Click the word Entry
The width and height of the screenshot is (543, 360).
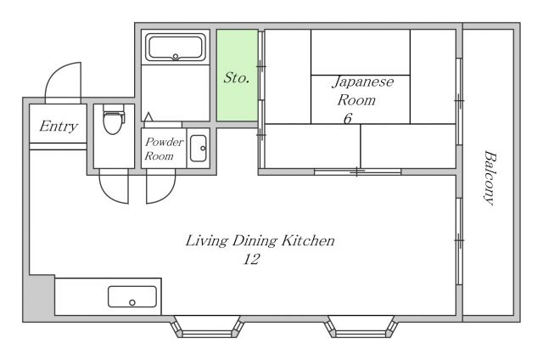pos(59,127)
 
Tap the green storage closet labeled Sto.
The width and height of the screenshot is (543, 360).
pos(238,76)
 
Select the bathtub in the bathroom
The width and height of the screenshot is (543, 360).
pos(176,47)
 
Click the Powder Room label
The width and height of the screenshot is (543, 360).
pos(164,149)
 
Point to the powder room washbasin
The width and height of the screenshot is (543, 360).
pos(199,149)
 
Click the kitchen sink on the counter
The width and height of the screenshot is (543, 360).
pos(132,296)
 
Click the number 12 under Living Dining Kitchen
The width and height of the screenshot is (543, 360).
pos(251,259)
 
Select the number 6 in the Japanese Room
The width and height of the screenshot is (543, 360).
pos(348,119)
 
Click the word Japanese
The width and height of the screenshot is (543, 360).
pos(363,82)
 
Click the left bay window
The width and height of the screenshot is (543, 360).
pos(207,326)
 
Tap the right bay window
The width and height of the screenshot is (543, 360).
pos(361,326)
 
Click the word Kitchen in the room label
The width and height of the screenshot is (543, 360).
pos(308,240)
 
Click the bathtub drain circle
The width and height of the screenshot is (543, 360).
pos(176,57)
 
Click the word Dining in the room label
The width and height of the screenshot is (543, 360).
pos(255,241)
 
